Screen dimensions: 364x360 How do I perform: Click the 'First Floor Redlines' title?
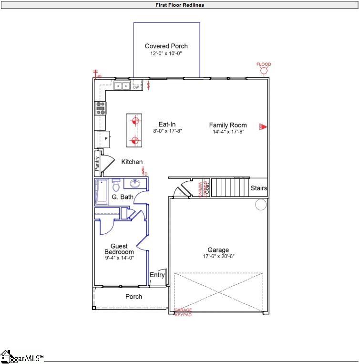[x=180, y=5]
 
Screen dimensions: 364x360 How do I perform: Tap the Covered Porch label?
[x=166, y=46]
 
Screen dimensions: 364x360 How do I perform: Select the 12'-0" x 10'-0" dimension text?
[x=166, y=54]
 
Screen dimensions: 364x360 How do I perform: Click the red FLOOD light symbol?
[x=264, y=71]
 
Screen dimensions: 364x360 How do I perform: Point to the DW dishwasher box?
[x=136, y=87]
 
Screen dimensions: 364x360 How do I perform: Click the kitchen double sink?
[x=122, y=86]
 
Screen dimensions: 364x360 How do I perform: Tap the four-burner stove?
[x=101, y=107]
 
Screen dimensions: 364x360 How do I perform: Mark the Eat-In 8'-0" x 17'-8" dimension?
[x=167, y=131]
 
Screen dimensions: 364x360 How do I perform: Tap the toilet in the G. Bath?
[x=116, y=184]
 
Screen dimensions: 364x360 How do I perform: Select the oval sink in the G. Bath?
[x=134, y=184]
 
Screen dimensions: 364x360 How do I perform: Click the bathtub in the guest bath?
[x=102, y=191]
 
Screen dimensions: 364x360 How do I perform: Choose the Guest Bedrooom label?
[x=119, y=249]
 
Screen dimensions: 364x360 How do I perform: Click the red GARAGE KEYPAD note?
[x=183, y=312]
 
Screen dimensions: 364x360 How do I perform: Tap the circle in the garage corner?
[x=261, y=205]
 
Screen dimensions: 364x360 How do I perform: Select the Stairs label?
[x=259, y=188]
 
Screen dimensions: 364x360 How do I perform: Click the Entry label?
[x=157, y=275]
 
